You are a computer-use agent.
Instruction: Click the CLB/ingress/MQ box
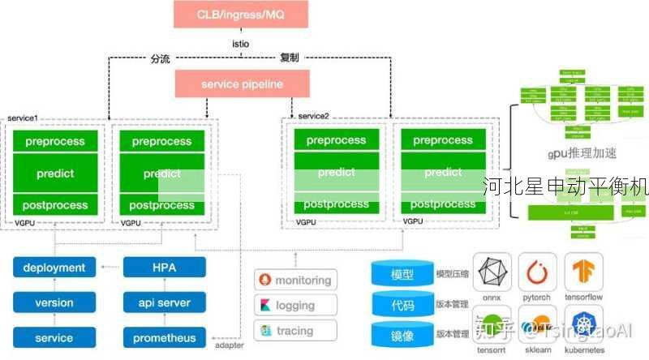(x=241, y=15)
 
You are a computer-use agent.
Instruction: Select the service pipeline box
(x=242, y=84)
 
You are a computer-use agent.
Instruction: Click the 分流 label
(x=161, y=59)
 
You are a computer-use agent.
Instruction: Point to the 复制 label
(x=290, y=59)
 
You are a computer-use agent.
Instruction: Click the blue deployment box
(x=54, y=268)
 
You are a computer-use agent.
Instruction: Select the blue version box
(x=54, y=302)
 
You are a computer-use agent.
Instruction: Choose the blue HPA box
(x=164, y=268)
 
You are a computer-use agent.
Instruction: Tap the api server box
(x=164, y=302)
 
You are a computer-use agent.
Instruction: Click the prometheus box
(x=164, y=337)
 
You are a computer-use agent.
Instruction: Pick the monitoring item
(x=295, y=281)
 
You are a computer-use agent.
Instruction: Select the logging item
(x=295, y=306)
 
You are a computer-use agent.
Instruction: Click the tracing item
(x=295, y=331)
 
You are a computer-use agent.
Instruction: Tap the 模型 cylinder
(x=402, y=275)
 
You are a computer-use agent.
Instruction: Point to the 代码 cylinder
(x=402, y=305)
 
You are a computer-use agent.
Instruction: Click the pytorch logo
(x=537, y=273)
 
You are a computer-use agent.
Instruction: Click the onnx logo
(x=491, y=273)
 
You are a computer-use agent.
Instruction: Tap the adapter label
(x=229, y=346)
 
